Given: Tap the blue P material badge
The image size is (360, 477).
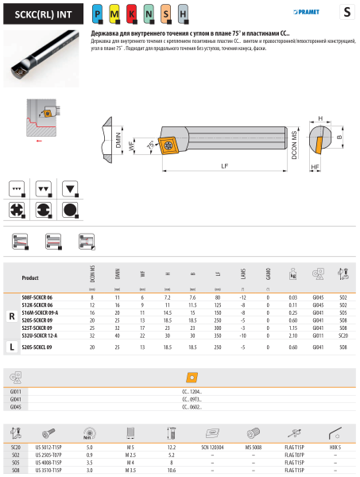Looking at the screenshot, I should (x=97, y=14).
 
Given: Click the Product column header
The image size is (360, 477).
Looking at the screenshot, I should (x=30, y=279).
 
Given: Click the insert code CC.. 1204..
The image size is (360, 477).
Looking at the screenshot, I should (x=192, y=392).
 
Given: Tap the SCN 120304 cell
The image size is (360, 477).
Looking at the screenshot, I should (x=212, y=448).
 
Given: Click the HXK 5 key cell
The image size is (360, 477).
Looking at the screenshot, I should (x=335, y=448).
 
